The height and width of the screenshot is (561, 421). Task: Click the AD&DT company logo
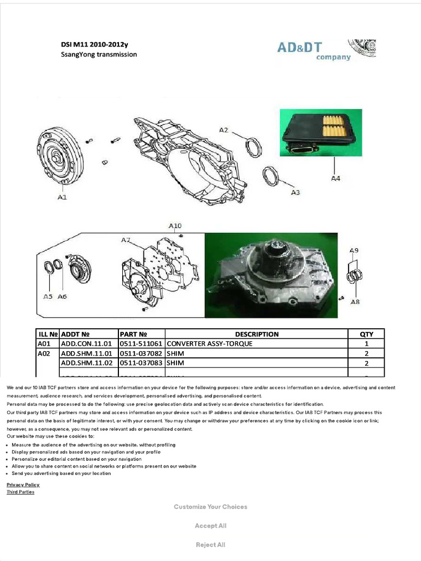tap(326, 50)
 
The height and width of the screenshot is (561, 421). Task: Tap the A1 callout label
tap(62, 197)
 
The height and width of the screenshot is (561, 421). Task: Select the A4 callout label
tap(335, 178)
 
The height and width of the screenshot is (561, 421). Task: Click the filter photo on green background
tap(321, 133)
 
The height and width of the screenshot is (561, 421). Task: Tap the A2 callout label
tap(224, 130)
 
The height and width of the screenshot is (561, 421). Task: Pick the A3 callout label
tap(295, 192)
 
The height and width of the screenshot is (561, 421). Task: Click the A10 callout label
tap(175, 225)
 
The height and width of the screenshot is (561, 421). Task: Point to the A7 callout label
tap(126, 239)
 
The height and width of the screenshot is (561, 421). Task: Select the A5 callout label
tap(48, 296)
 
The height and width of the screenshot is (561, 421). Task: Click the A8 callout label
tap(355, 301)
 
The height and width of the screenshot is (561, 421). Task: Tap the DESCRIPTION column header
tap(257, 334)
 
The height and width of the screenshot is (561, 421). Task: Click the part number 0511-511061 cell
tap(141, 344)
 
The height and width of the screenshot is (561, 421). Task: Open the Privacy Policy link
tap(23, 485)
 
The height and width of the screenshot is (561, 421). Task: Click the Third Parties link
tap(20, 492)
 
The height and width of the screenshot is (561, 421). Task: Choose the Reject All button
tap(210, 545)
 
